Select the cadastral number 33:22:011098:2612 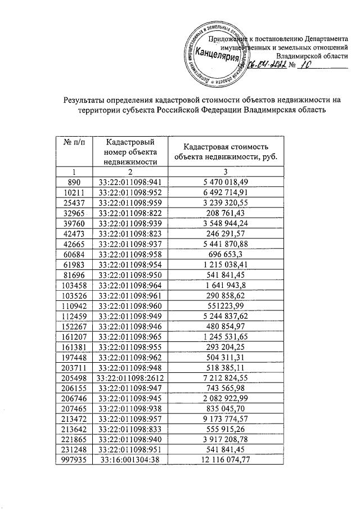coord(130,375)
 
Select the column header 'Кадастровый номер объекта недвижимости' coord(130,151)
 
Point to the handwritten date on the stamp coord(263,66)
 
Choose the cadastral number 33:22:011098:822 coord(130,214)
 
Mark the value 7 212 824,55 coord(227,375)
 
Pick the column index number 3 coord(227,171)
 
